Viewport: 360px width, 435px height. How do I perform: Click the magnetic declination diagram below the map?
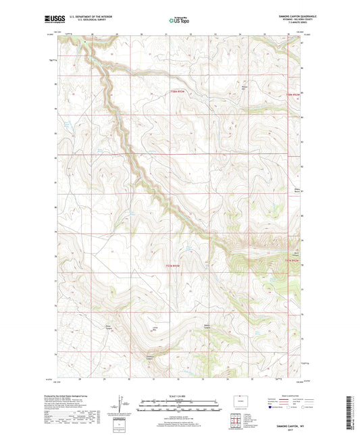pos(123,405)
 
